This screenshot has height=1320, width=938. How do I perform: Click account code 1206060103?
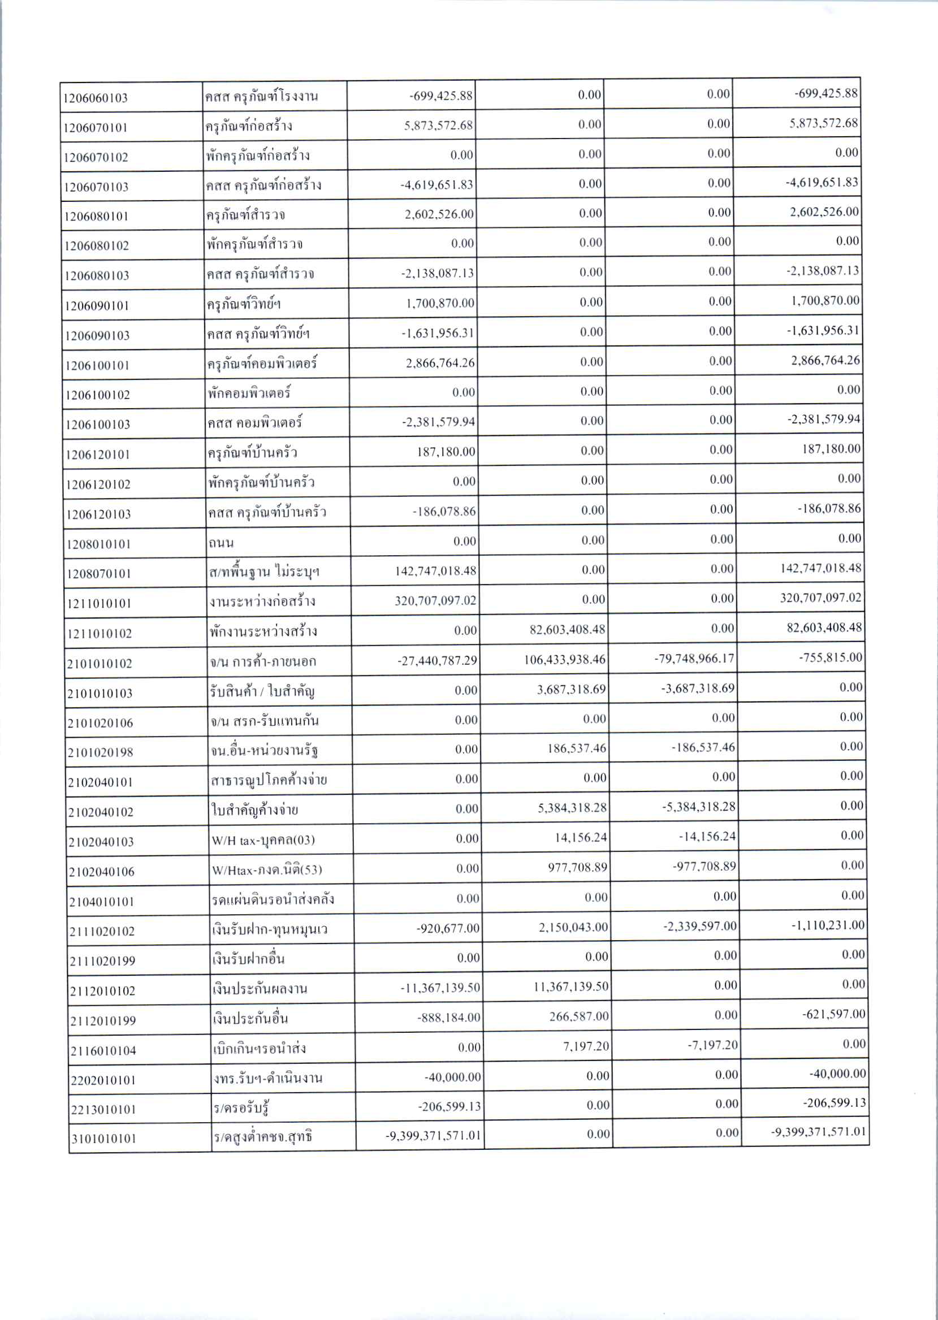click(96, 98)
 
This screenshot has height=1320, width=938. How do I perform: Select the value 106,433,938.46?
click(564, 659)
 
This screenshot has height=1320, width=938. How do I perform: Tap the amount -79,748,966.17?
click(694, 657)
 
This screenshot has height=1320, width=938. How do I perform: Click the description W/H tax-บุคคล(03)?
click(263, 839)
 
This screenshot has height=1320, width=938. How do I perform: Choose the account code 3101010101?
click(103, 1139)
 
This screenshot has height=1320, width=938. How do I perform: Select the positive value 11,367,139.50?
click(570, 986)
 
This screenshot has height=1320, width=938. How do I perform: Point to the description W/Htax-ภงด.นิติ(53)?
click(267, 869)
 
